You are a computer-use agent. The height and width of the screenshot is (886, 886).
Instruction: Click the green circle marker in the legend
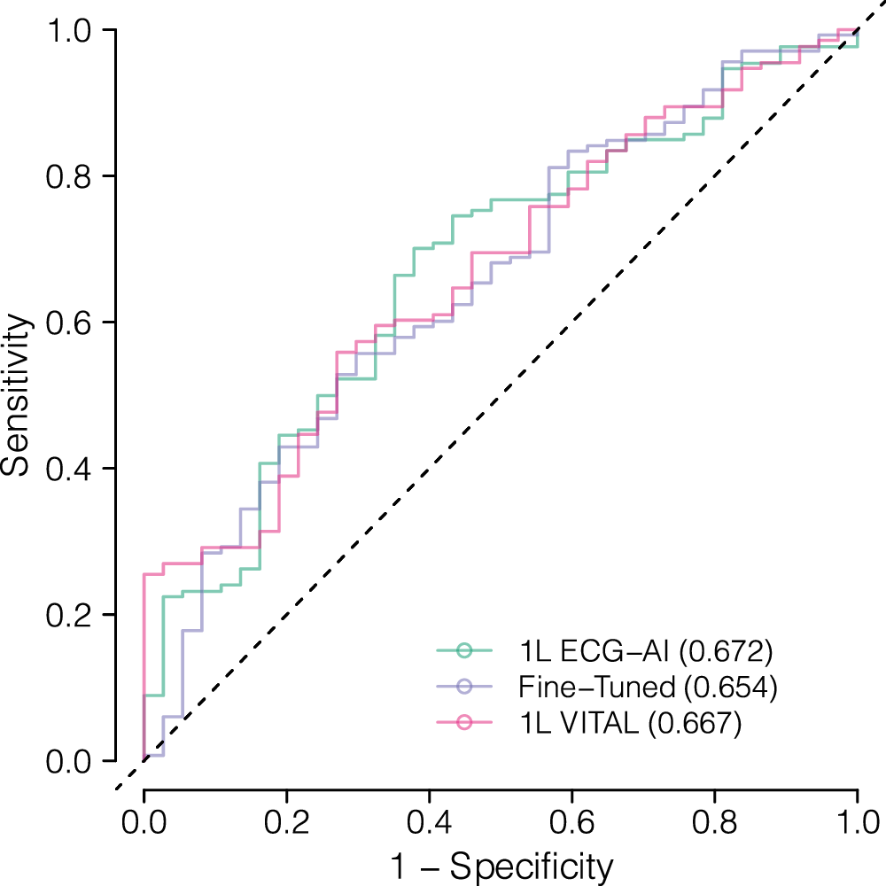coord(465,651)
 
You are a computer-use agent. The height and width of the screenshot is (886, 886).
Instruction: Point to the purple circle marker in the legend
coord(465,688)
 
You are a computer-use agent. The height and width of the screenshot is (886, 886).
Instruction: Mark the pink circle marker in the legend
coord(465,724)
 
